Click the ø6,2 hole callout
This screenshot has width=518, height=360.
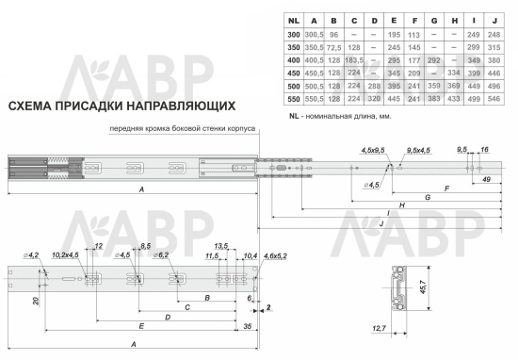pos(160,255)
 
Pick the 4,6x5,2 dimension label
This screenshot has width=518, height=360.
pos(273,255)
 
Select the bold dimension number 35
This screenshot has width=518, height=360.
pos(246,325)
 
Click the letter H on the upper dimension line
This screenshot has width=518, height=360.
pos(402,205)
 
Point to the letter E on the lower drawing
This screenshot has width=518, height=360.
pos(140,325)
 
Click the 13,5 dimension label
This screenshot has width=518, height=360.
pos(223,247)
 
